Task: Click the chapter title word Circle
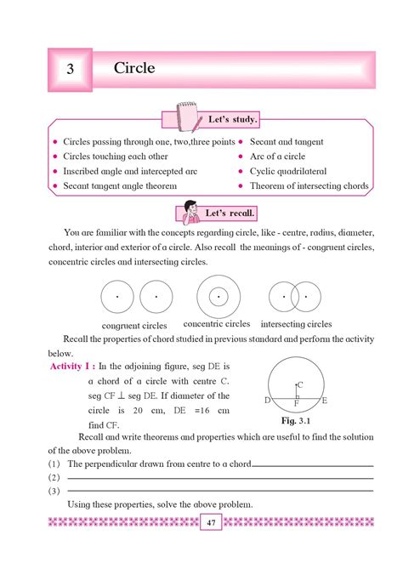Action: tap(134, 68)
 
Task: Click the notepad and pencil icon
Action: tap(188, 116)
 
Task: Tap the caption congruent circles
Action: tap(134, 326)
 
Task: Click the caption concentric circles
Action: tap(217, 324)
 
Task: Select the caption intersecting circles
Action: tap(296, 324)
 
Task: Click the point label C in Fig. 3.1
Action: tap(300, 384)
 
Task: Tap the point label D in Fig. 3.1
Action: tap(267, 400)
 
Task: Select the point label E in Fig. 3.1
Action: tap(325, 400)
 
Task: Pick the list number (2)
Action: tap(54, 478)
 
